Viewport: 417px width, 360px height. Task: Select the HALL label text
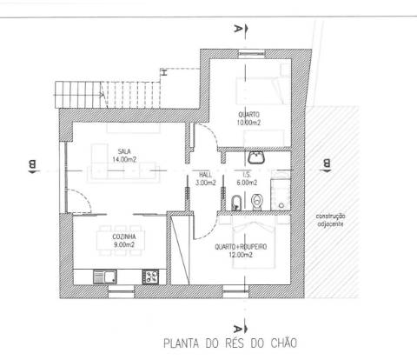coord(205,175)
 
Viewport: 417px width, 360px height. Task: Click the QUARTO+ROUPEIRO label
coord(242,247)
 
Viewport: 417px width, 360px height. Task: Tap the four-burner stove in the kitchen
coord(149,277)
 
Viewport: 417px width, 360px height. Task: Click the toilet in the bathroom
coord(255,202)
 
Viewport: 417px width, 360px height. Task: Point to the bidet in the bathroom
coord(237,203)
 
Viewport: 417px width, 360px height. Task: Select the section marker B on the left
coord(31,163)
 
